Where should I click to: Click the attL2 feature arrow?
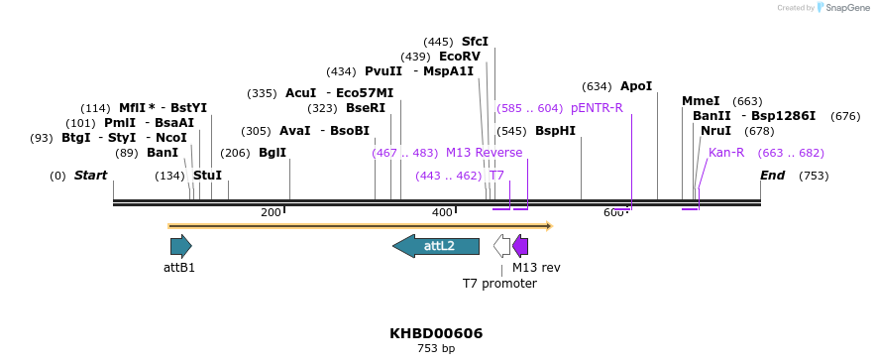436,246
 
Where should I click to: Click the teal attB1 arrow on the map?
180,246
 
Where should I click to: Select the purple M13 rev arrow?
520,246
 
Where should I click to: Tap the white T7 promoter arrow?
502,246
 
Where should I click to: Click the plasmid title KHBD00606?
436,333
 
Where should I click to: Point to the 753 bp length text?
436,349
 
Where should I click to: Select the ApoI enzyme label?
636,86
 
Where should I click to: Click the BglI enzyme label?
273,153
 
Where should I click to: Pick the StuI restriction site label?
207,176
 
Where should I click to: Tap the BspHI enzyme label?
555,131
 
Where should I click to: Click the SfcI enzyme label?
475,42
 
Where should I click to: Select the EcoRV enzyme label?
460,57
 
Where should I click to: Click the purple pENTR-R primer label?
597,108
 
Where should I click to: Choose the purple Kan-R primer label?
726,153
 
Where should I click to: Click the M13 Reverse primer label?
484,153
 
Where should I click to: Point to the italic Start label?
90,176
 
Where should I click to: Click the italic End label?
772,176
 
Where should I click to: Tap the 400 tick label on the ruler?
442,212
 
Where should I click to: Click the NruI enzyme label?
715,131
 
